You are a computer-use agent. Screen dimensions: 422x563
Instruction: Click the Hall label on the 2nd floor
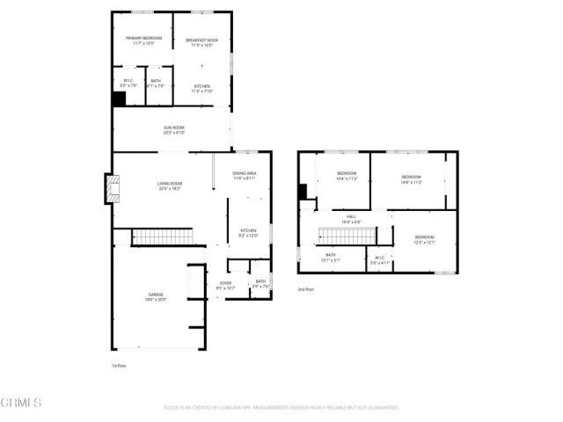350,219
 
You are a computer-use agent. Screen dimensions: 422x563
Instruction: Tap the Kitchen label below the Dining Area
248,233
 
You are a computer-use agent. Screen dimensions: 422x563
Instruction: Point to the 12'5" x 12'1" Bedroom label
424,239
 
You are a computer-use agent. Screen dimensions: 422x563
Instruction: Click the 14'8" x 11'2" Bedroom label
411,179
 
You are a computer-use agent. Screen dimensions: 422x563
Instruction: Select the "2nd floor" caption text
305,288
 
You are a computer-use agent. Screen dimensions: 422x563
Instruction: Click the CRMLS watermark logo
22,404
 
